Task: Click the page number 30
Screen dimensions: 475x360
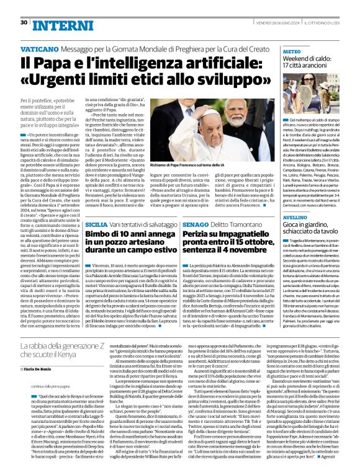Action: [24, 22]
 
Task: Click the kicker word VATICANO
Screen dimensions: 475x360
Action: [40, 47]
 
